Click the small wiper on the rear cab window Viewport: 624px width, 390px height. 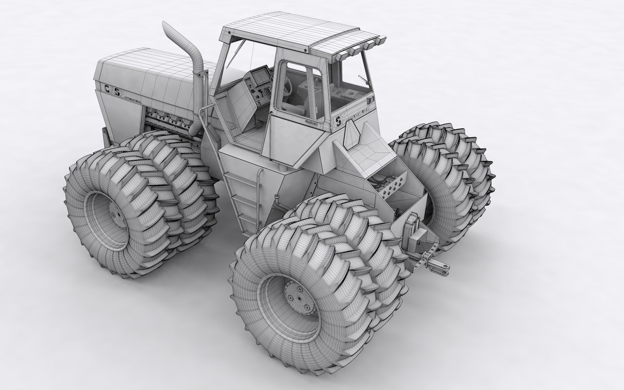click(x=364, y=80)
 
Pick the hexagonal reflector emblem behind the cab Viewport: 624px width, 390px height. click(x=352, y=133)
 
